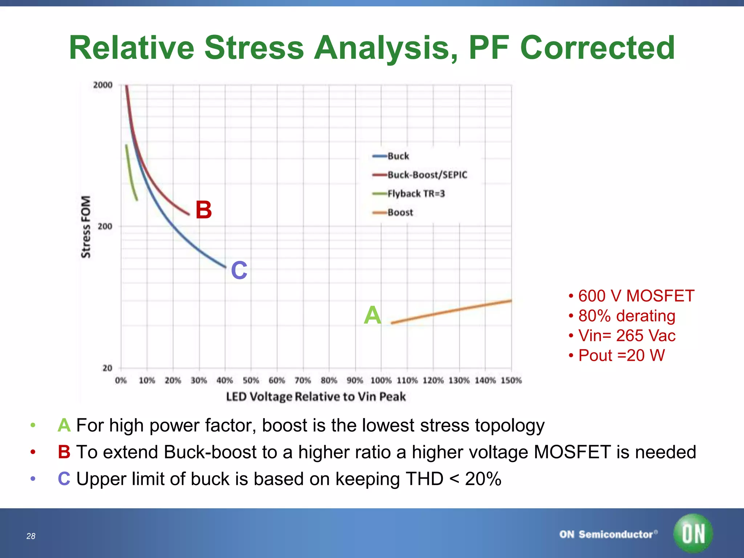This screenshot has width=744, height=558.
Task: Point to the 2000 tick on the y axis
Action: coord(103,85)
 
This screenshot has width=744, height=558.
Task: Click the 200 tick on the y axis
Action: coord(105,226)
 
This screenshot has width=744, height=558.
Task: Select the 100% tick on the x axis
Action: coord(381,380)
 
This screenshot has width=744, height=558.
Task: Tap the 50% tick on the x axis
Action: coord(251,380)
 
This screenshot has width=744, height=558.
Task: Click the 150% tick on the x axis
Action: coord(511,380)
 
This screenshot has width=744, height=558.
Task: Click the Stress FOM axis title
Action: coord(86,227)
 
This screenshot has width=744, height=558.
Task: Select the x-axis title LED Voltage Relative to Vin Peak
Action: coord(316,396)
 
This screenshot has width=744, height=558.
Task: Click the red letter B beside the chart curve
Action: coord(203,210)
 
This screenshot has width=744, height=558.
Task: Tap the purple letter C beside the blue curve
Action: coord(239,270)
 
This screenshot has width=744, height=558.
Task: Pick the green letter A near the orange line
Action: coord(373,315)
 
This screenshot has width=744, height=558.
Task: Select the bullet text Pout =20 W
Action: coord(621,355)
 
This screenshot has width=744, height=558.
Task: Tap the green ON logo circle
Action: coord(693,533)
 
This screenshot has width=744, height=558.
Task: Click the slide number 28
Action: coord(31,536)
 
